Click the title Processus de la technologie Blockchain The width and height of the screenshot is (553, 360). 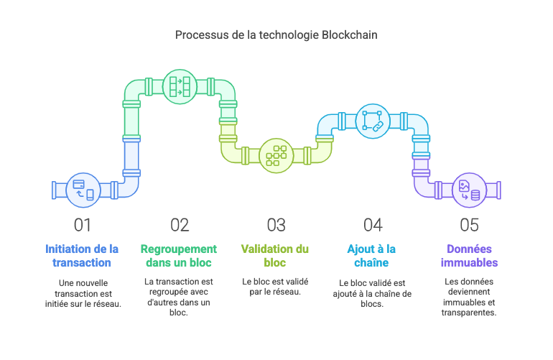276,34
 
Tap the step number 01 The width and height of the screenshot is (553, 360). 83,225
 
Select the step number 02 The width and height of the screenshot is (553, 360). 179,225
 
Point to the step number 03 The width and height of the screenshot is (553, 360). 276,225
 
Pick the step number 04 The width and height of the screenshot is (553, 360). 372,225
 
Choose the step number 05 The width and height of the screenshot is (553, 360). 469,225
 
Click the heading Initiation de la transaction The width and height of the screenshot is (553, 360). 83,256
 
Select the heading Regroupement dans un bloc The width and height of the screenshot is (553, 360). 179,256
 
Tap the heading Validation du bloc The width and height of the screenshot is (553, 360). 276,256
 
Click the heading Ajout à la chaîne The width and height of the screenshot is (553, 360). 372,256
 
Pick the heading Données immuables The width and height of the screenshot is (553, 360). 469,256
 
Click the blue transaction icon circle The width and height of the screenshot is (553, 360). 82,189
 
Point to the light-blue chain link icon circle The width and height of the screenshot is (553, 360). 372,119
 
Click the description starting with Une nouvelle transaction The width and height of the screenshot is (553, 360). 83,293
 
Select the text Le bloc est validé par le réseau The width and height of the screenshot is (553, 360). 276,287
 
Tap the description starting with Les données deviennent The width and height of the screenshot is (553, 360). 469,297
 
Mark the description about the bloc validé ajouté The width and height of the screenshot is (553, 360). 372,293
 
